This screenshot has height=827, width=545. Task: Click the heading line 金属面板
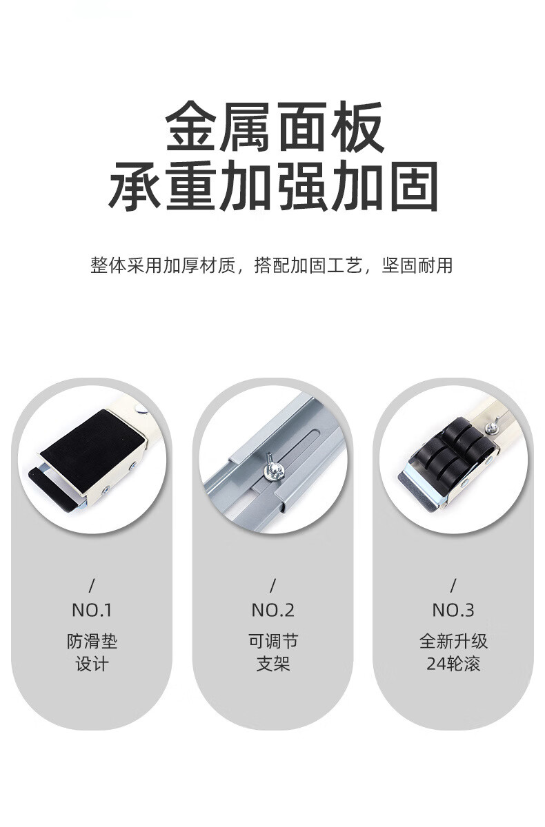(274, 127)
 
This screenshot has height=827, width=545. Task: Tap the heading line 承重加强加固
(273, 185)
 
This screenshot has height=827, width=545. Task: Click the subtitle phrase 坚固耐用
(417, 265)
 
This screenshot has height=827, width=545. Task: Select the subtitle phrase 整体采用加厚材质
(163, 265)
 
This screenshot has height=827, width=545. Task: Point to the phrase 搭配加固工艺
(308, 265)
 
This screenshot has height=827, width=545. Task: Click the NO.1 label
(92, 611)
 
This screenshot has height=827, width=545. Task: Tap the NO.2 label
(272, 611)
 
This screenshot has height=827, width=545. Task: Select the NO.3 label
(453, 611)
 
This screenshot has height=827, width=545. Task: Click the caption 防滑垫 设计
(92, 653)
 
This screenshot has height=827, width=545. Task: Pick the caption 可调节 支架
(273, 653)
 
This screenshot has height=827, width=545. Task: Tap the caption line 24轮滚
(453, 664)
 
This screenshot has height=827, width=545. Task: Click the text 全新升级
(453, 642)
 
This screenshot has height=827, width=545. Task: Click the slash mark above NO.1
(92, 586)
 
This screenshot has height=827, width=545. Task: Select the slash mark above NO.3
(453, 586)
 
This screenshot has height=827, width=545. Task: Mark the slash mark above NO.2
(273, 586)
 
